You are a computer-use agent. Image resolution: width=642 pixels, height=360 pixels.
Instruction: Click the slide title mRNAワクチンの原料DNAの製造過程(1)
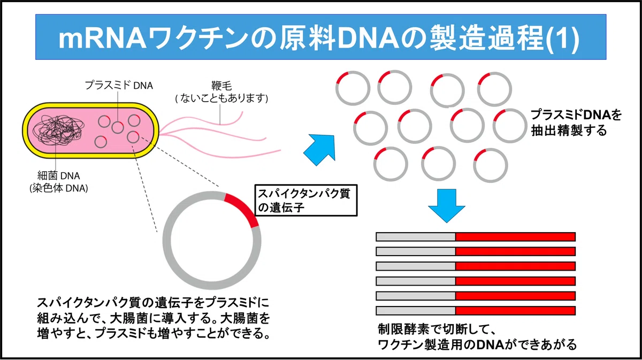pos(319,37)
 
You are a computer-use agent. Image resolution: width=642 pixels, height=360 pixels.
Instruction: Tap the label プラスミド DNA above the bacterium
pos(119,86)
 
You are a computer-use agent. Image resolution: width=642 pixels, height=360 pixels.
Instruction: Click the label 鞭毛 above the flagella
pos(221,86)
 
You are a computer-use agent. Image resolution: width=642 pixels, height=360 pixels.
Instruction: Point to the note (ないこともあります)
pos(221,98)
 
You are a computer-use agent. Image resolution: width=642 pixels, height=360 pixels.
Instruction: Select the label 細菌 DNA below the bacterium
pos(59,175)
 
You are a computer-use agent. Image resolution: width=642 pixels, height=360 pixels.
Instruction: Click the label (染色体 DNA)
pos(59,188)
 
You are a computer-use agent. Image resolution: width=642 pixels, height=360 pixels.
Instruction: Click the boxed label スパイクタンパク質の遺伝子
pos(306,201)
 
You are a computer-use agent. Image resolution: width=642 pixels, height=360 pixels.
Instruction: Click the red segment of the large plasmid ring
pos(243,208)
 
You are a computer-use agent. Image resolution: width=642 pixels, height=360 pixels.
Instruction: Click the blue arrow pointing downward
pos(447,205)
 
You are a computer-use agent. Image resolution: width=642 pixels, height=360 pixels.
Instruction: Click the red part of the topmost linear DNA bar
pos(515,237)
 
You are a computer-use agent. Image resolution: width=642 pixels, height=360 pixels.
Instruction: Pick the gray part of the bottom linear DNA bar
pos(416,311)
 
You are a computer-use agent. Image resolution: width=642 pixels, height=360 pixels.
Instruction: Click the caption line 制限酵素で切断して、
pos(437,330)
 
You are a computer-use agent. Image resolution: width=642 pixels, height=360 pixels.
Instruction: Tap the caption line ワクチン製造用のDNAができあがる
pos(477,344)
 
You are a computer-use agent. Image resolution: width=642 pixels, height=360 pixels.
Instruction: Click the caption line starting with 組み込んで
pos(154,318)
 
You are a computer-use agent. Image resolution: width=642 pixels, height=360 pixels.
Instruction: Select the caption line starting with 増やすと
pos(154,333)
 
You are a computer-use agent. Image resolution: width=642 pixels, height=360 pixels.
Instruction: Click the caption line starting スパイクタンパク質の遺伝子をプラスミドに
pos(154,303)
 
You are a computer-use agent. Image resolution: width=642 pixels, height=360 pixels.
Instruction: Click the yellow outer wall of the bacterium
pos(90,105)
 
